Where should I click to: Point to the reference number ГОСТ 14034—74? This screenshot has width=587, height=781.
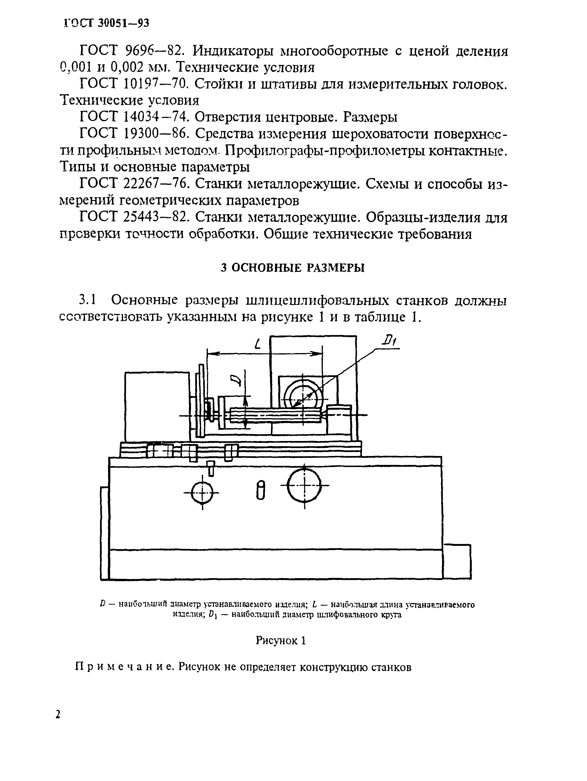click(x=133, y=117)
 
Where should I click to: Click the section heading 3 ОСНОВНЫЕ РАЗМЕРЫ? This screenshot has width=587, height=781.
click(x=292, y=268)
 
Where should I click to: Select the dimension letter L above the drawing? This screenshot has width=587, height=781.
click(x=259, y=343)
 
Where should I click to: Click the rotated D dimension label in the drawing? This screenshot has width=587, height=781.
click(x=236, y=380)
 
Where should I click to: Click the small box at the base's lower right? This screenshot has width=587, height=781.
click(x=457, y=561)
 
